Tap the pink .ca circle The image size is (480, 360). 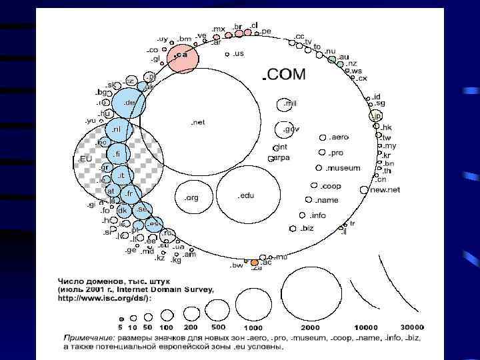tap(182, 57)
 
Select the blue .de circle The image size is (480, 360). tap(128, 103)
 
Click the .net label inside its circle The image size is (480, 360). tap(197, 122)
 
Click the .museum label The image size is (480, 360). tap(343, 168)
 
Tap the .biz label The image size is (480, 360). tap(307, 228)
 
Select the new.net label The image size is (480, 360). tap(385, 190)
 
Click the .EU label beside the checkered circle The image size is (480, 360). tap(85, 159)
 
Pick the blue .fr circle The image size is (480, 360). tap(130, 193)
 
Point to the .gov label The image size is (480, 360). tap(291, 129)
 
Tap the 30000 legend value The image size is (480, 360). tap(413, 327)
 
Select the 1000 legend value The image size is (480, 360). tap(253, 327)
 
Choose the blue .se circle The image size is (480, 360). tap(141, 209)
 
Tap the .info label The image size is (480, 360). tap(318, 215)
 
